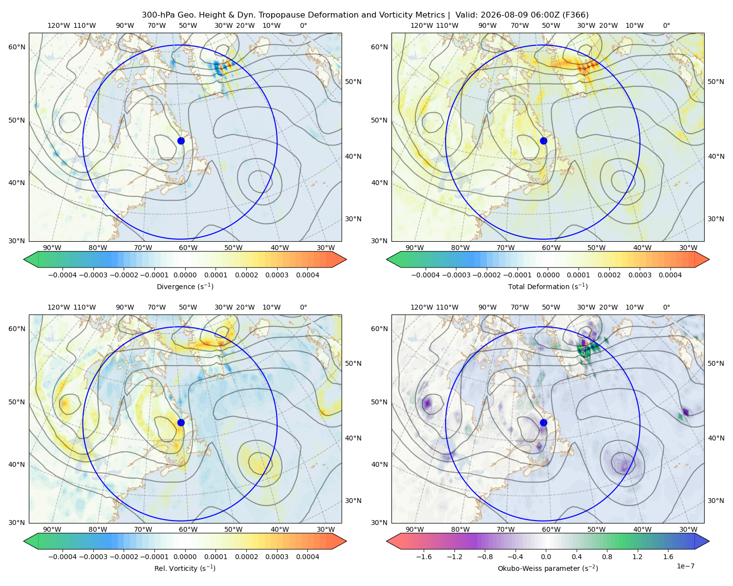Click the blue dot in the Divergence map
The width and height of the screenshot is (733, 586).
[x=181, y=141]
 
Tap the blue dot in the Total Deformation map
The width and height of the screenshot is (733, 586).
[x=543, y=141]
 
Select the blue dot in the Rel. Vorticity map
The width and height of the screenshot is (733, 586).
[x=181, y=422]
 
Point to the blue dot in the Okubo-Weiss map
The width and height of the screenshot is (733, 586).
[x=543, y=422]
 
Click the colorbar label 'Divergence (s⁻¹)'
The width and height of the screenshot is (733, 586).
[x=185, y=286]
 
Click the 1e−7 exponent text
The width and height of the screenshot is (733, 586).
[x=685, y=566]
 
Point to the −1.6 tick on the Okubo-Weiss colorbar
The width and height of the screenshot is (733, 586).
[x=424, y=556]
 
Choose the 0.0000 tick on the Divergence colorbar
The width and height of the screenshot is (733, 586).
[x=185, y=275]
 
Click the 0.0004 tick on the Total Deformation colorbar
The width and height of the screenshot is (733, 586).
[x=670, y=275]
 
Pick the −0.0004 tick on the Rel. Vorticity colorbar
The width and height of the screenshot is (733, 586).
[x=63, y=556]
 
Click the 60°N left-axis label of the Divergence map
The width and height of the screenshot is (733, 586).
[x=17, y=47]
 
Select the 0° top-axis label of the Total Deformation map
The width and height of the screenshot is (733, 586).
[x=667, y=25]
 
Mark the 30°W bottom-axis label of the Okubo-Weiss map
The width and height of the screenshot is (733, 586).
[x=689, y=529]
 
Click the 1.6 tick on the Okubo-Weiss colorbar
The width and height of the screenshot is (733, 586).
[x=668, y=556]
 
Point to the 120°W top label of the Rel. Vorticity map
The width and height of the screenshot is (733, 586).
[x=59, y=307]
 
